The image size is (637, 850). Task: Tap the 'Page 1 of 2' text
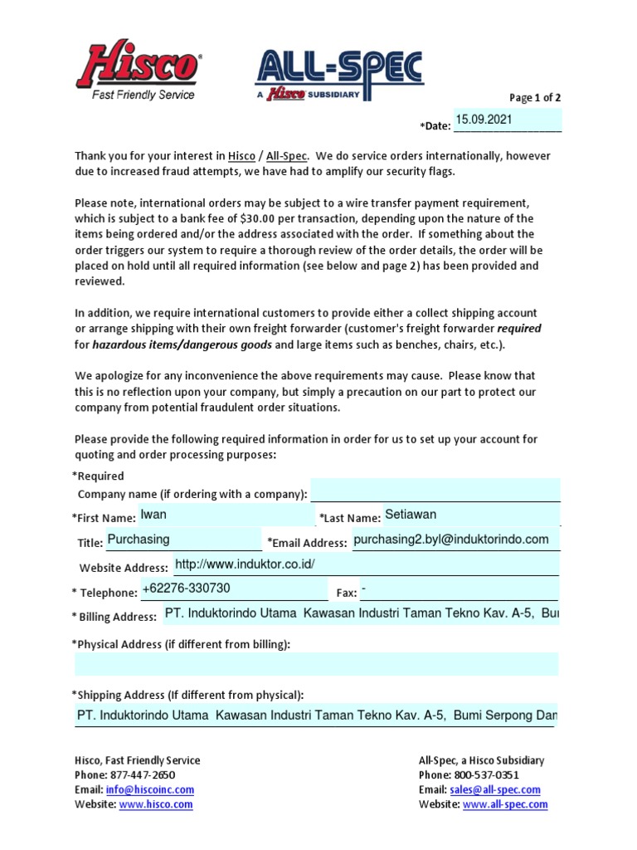[x=534, y=98]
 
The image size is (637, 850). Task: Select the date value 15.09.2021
[x=484, y=120]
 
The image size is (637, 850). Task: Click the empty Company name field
[x=435, y=491]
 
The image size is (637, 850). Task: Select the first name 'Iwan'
[x=153, y=515]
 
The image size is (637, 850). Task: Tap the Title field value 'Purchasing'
[x=139, y=540]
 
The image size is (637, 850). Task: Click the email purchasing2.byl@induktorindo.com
[x=450, y=540]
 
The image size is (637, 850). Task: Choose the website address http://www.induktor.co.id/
[x=246, y=564]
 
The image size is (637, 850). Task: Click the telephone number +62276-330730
[x=187, y=589]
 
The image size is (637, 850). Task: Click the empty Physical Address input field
[x=316, y=664]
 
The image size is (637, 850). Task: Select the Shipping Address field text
[x=316, y=714]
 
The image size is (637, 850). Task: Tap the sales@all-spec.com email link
[x=494, y=790]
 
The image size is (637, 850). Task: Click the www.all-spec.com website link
[x=504, y=804]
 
